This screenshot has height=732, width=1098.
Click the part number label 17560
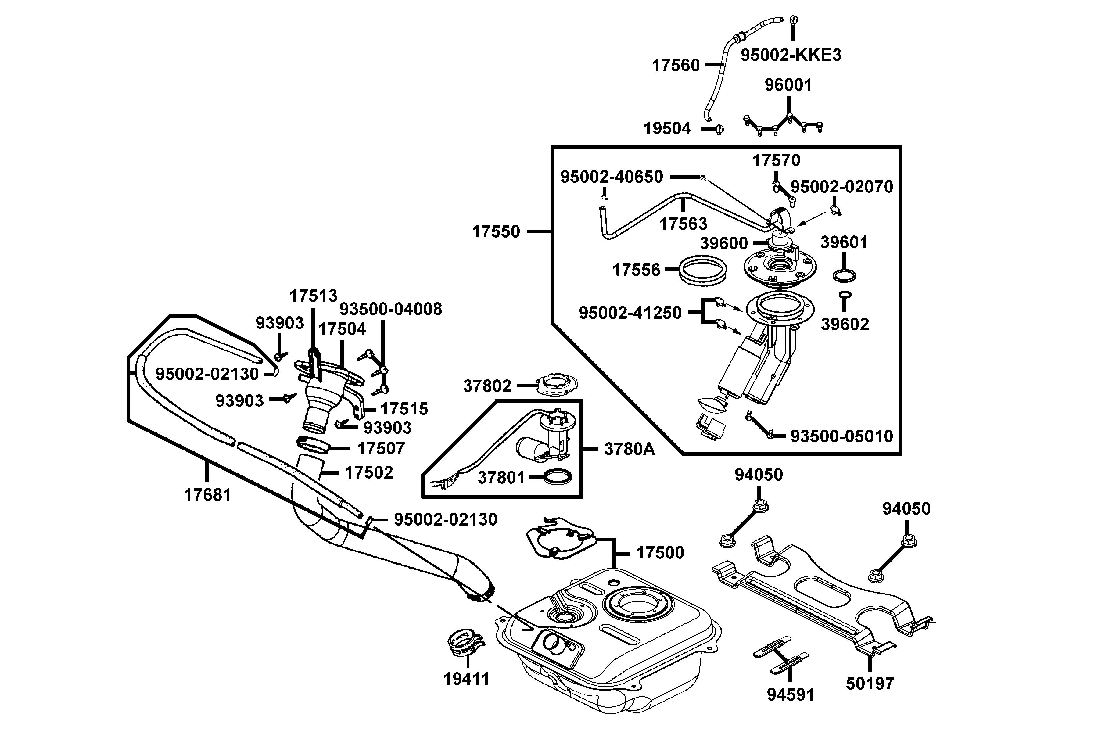pyautogui.click(x=676, y=65)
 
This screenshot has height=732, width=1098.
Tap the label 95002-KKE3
pyautogui.click(x=791, y=55)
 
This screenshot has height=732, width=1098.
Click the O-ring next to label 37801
pyautogui.click(x=551, y=477)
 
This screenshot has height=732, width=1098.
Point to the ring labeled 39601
pyautogui.click(x=844, y=276)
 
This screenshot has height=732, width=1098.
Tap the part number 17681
pyautogui.click(x=207, y=495)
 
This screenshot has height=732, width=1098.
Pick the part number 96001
pyautogui.click(x=788, y=85)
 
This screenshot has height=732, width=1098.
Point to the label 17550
pyautogui.click(x=496, y=231)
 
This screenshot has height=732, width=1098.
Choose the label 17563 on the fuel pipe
pyautogui.click(x=683, y=224)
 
